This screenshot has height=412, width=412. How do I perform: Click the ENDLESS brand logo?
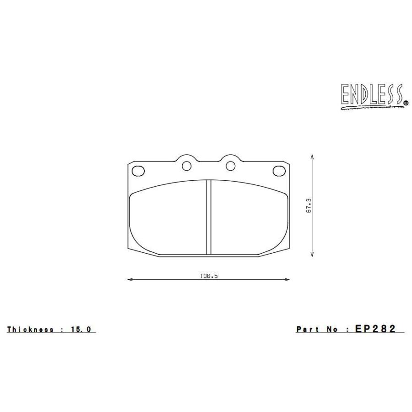372,95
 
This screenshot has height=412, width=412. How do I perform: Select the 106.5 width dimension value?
208,276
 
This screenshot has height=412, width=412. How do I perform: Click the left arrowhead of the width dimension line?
129,279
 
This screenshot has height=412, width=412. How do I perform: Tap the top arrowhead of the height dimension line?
312,157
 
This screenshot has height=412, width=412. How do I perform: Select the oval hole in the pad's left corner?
138,171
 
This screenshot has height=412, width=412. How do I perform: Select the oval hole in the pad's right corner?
279,171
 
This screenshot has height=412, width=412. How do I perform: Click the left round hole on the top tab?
186,166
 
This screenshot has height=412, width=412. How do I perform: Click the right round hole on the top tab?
231,166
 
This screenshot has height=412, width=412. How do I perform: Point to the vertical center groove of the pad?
208,217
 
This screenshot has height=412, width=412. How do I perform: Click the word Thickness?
30,329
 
